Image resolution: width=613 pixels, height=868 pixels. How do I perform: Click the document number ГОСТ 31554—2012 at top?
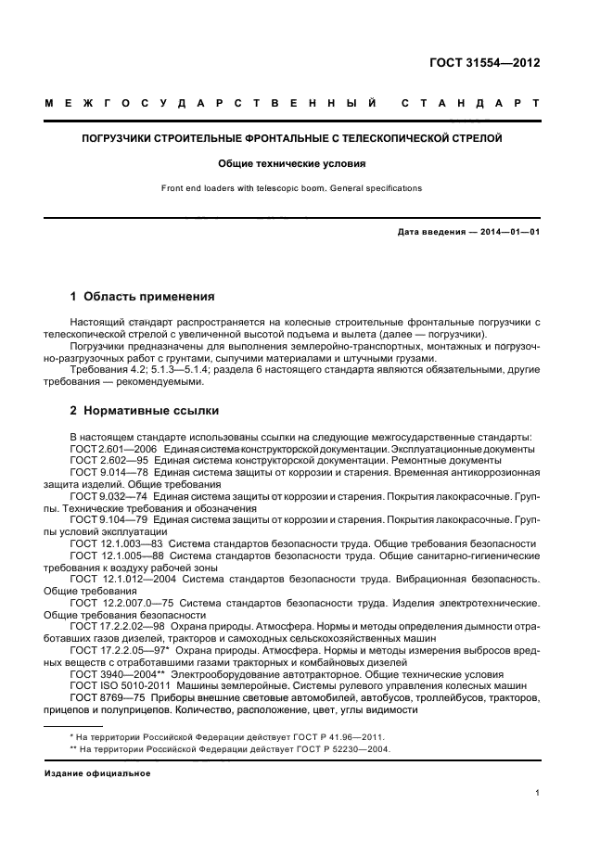[x=484, y=64]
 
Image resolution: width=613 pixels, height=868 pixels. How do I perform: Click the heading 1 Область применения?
[x=143, y=298]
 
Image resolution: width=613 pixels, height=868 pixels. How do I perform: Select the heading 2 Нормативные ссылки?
[x=145, y=410]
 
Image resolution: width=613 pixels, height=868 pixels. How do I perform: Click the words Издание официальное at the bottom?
[x=97, y=772]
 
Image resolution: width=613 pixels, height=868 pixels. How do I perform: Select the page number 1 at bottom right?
[x=537, y=793]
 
